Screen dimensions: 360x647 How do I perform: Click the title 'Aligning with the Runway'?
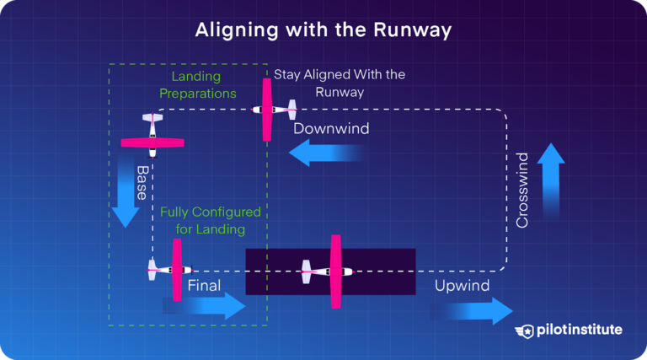[x=323, y=30]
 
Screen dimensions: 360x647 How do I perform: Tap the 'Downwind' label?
[x=330, y=130]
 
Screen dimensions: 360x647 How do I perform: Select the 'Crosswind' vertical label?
[x=522, y=190]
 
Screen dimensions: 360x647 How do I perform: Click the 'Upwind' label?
[x=462, y=286]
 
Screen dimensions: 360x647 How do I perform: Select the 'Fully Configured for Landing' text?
[x=211, y=220]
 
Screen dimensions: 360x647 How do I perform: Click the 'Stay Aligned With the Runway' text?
[x=340, y=83]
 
